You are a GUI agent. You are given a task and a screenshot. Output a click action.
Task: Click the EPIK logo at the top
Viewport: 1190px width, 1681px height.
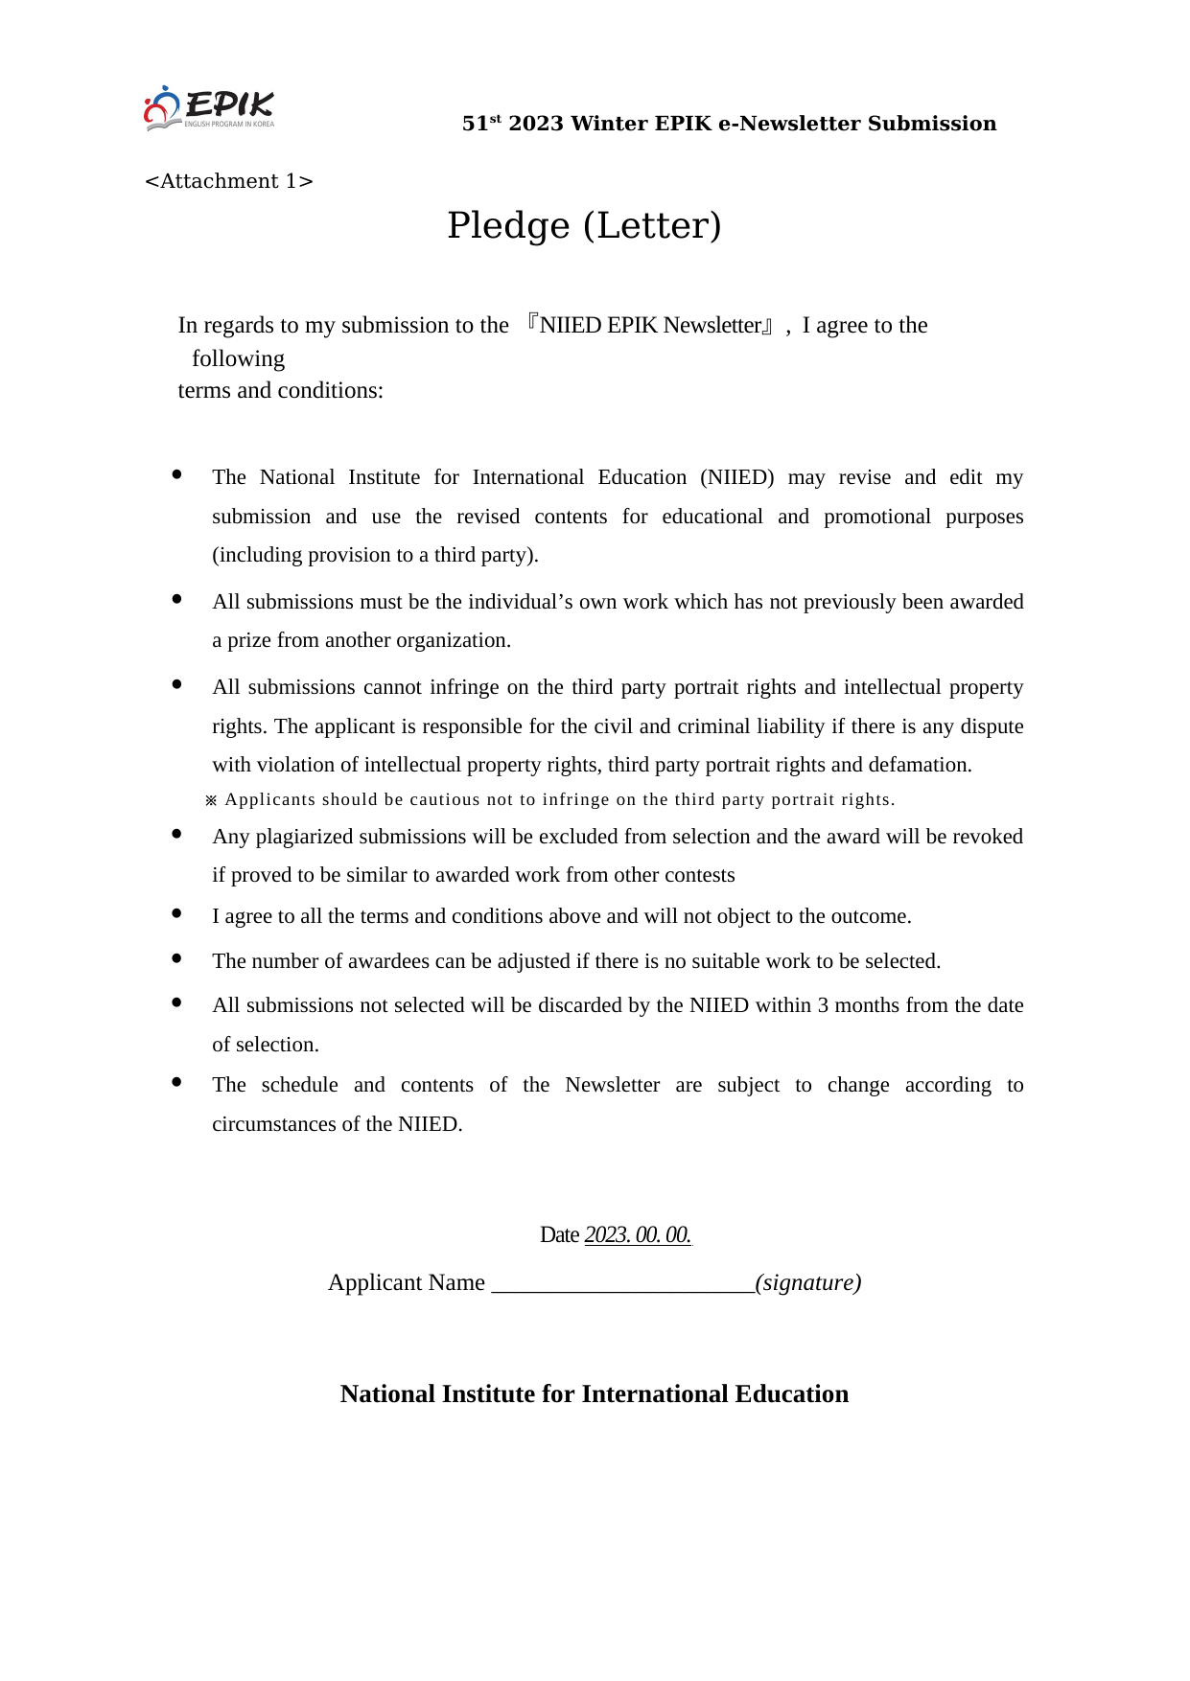(209, 108)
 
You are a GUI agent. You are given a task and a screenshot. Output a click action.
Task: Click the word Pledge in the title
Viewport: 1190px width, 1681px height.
(508, 226)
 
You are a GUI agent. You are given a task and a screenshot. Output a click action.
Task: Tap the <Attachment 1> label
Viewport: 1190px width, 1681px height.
(228, 181)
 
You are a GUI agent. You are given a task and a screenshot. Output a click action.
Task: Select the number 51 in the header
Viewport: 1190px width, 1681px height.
(475, 124)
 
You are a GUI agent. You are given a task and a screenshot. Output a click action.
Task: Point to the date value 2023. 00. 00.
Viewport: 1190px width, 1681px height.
(638, 1234)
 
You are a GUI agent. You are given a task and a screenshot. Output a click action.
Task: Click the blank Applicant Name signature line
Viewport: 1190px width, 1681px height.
(623, 1282)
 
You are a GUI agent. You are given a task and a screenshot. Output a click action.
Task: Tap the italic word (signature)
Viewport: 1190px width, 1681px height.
(808, 1282)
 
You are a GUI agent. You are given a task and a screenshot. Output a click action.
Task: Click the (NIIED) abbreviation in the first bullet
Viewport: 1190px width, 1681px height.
(736, 477)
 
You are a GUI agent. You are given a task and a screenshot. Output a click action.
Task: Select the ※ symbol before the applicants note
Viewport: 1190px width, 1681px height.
(212, 800)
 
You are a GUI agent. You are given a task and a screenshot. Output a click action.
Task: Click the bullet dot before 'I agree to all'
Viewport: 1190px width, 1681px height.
(176, 913)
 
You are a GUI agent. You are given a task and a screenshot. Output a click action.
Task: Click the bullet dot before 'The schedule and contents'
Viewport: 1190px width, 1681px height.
(176, 1082)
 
